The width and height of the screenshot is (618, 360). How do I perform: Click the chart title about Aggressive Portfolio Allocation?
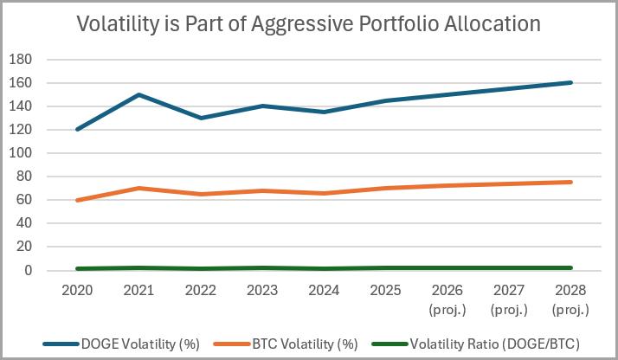(x=309, y=23)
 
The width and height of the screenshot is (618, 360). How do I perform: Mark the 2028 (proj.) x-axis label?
(x=571, y=297)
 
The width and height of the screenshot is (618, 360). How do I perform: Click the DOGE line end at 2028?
(x=571, y=83)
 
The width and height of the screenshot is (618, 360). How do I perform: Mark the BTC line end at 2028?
(x=571, y=182)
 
